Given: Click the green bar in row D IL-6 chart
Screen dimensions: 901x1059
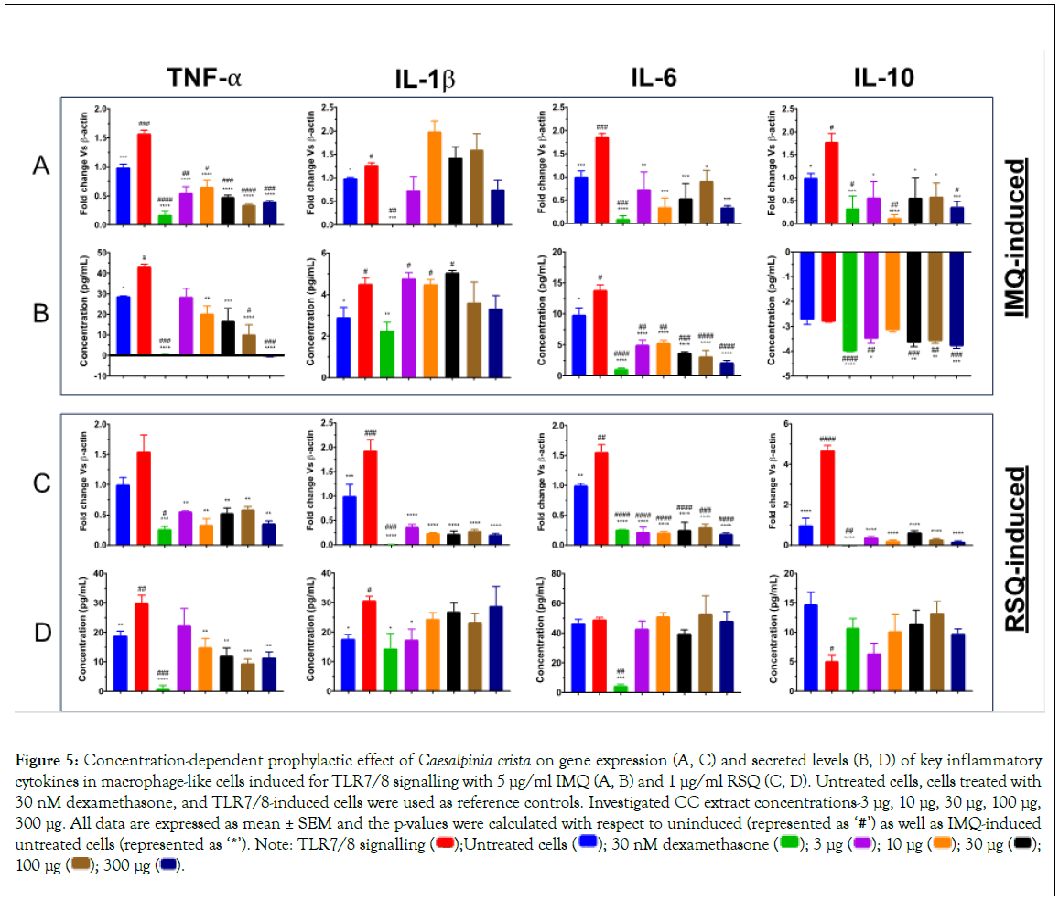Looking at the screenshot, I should click(621, 689).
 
